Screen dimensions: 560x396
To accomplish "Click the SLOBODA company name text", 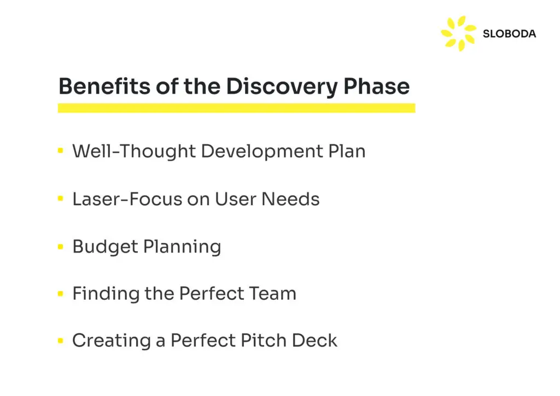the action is [509, 34].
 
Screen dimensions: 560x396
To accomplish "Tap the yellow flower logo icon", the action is [459, 33].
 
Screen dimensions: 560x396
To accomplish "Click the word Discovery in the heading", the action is [282, 87].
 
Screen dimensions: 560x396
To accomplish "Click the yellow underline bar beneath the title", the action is [236, 108].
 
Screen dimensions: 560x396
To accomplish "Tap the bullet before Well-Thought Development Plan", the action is [60, 150].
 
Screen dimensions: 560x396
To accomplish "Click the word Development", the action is [262, 152].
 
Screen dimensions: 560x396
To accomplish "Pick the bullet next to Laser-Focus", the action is [60, 199].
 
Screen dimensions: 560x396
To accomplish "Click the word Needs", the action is [290, 199].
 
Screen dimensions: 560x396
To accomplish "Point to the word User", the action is [235, 199].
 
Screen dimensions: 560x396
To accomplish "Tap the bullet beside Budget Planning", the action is [60, 246].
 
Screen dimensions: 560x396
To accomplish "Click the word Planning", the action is [182, 247].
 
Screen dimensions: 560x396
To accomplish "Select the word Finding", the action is [106, 294].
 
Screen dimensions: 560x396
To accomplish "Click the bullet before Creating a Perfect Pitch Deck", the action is [60, 341].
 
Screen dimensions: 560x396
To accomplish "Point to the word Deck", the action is [314, 340].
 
